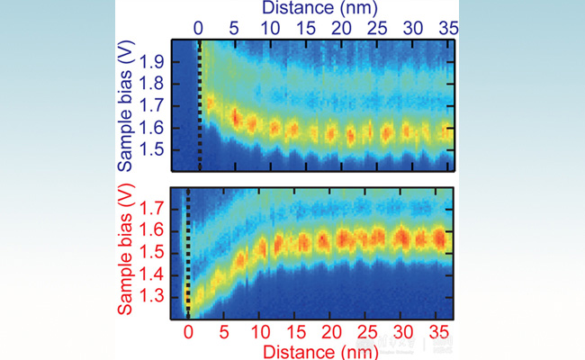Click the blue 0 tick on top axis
tap(199, 28)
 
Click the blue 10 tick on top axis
tap(269, 28)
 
